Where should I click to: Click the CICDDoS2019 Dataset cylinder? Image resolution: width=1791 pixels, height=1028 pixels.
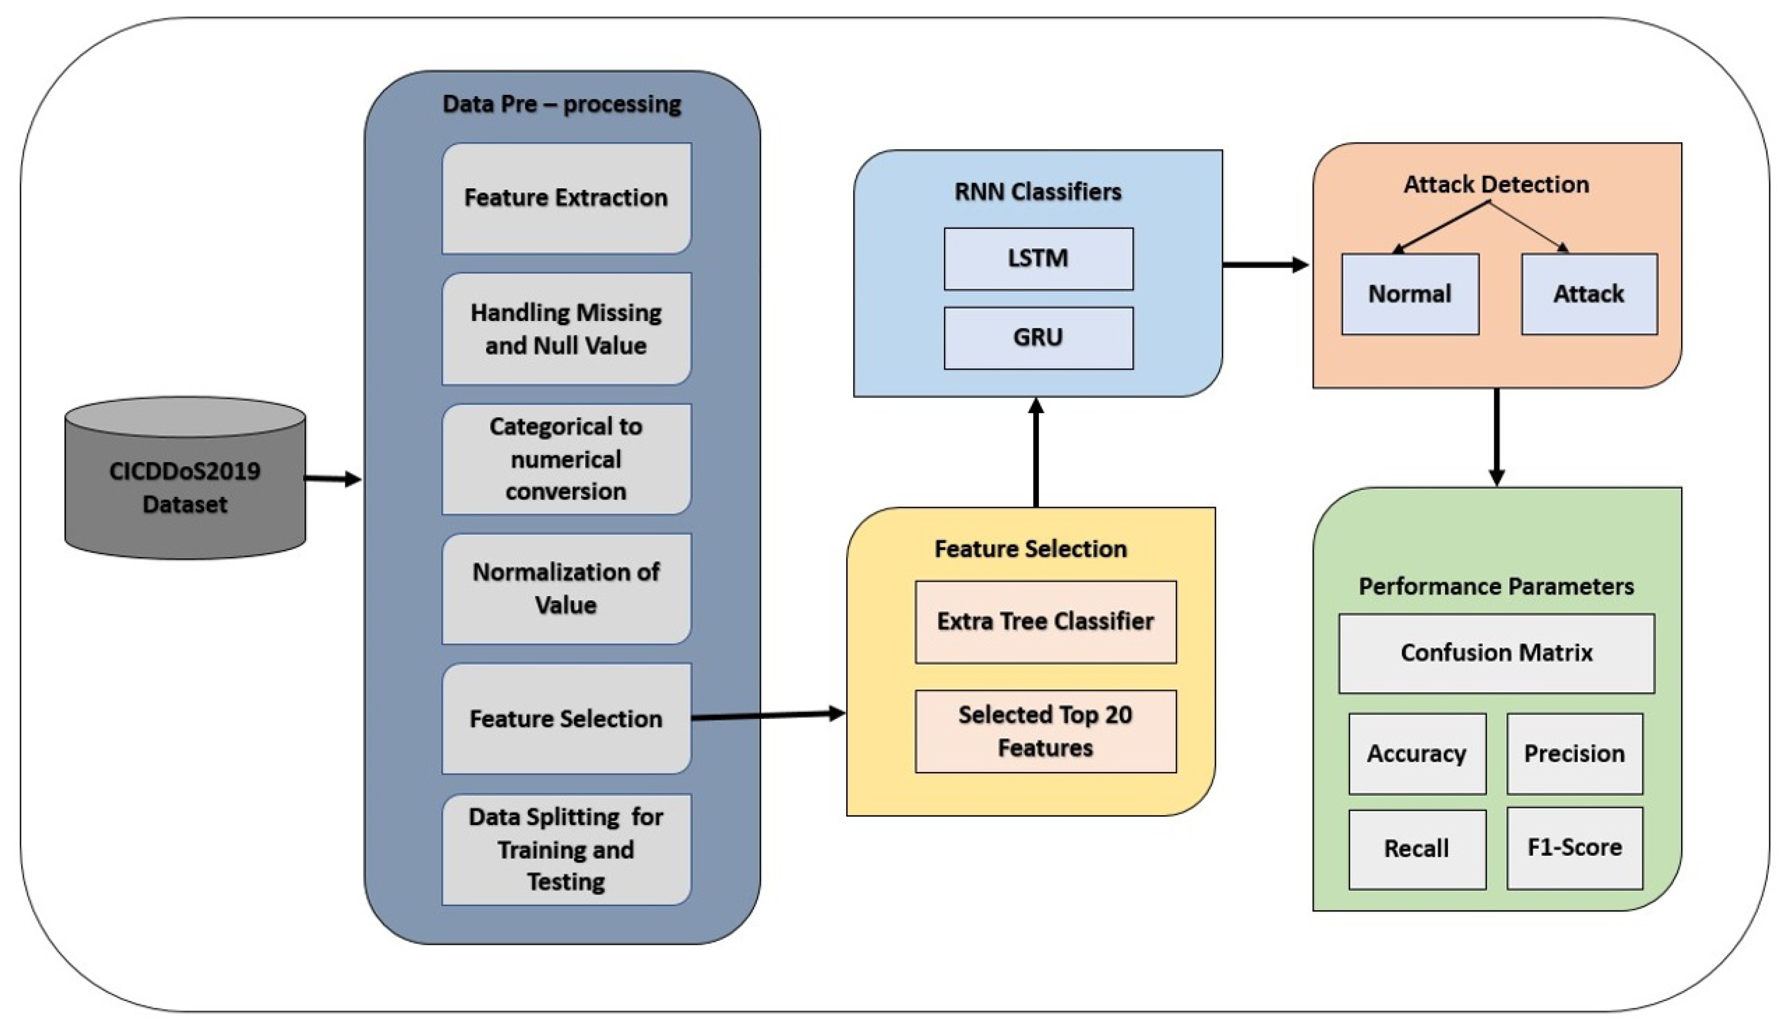(185, 487)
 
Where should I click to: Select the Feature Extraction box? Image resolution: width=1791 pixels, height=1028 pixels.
(566, 198)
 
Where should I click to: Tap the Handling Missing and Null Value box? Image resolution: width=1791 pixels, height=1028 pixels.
(566, 329)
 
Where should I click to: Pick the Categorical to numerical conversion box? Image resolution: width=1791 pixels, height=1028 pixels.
(566, 459)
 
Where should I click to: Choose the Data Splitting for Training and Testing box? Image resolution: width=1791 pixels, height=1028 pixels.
(566, 849)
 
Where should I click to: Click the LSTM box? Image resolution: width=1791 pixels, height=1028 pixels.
(1038, 258)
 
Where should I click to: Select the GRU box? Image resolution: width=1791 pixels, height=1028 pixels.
(1038, 337)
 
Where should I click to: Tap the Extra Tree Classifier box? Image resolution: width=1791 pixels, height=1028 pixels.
(1045, 622)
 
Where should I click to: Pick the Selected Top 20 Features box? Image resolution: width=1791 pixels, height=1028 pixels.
(1045, 731)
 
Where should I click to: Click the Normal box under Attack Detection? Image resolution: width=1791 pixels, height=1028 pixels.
(1410, 294)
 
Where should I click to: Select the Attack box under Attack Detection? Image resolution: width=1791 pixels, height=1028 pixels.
(1589, 294)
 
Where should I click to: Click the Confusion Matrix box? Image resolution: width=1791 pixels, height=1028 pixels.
(1496, 653)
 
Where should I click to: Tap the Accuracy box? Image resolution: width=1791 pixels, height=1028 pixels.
(1417, 754)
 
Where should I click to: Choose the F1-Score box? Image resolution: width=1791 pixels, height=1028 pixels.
(1574, 848)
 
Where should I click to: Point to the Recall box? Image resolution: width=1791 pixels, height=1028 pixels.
(1417, 849)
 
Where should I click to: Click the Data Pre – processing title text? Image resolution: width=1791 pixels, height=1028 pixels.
(562, 104)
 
